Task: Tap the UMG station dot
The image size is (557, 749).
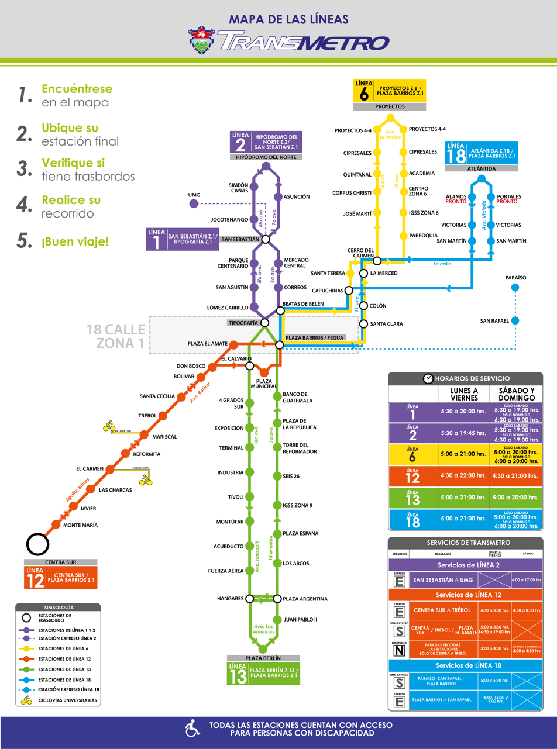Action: [194, 203]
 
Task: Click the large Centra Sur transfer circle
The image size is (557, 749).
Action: [37, 544]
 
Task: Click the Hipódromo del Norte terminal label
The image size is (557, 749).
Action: [266, 157]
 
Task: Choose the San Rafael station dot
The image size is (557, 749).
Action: [515, 320]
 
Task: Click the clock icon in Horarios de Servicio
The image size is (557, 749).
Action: [428, 378]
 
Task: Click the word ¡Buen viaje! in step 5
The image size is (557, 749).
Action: [75, 241]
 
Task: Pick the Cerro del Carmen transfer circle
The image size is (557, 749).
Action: [377, 260]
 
